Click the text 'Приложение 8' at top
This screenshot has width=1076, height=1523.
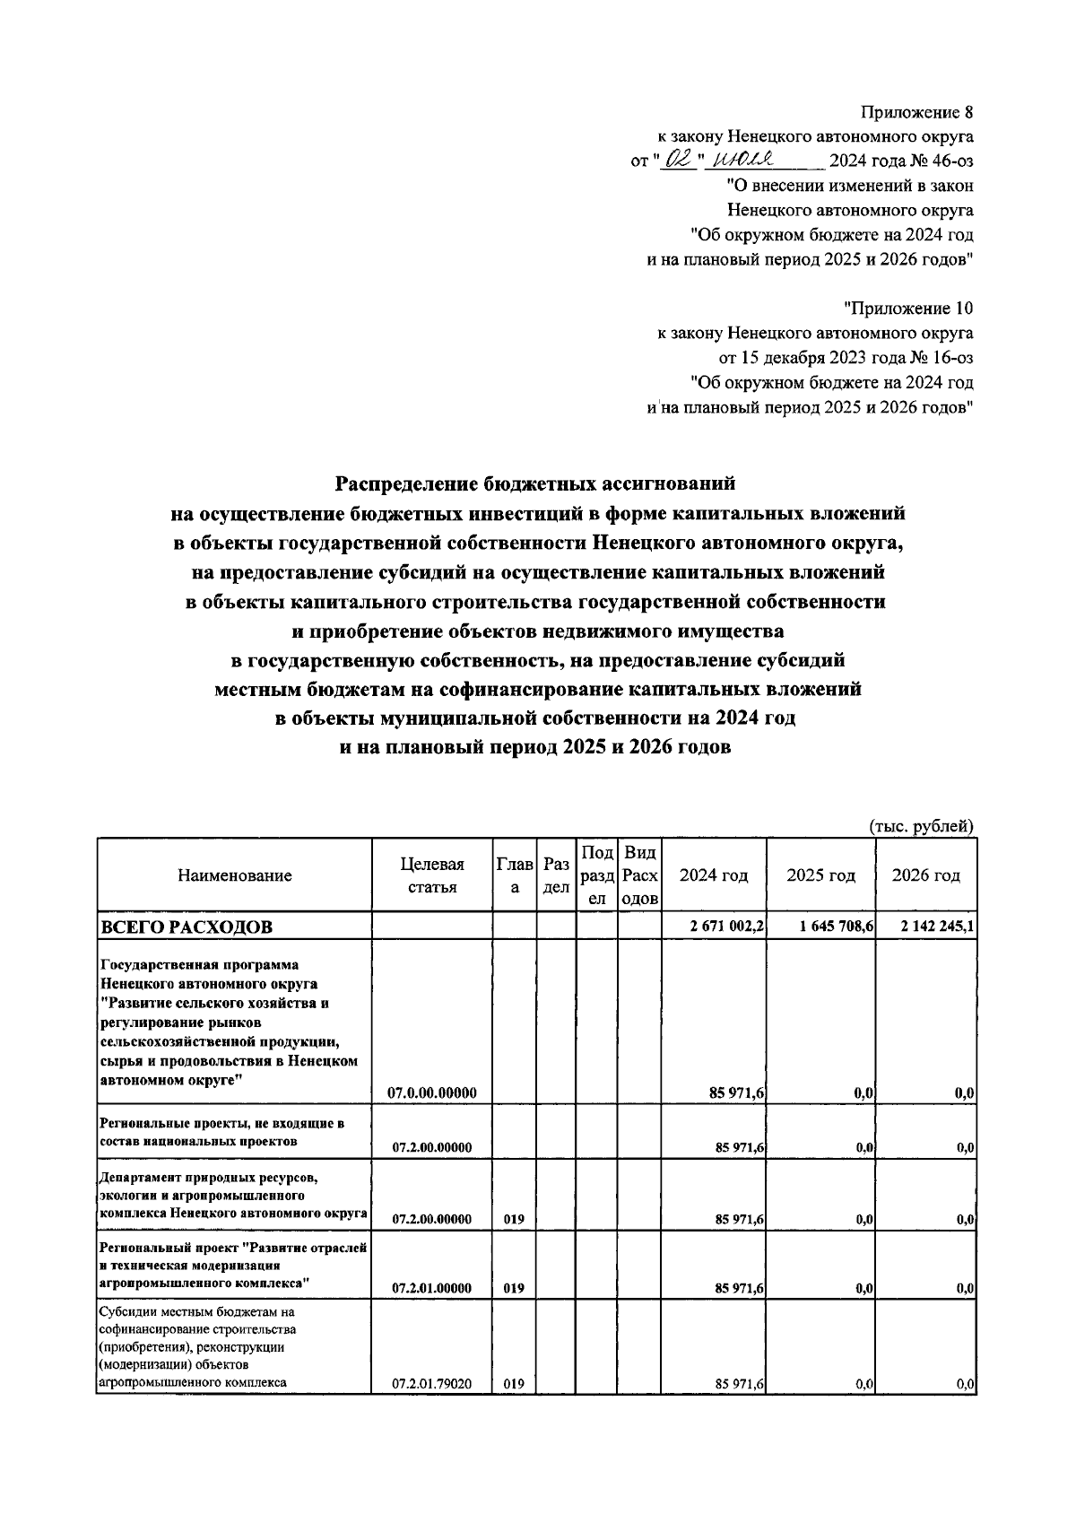click(915, 113)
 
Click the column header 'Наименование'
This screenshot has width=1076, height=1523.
click(234, 875)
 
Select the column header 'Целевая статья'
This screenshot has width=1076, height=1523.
click(432, 875)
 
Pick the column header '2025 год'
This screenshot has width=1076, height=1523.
click(820, 875)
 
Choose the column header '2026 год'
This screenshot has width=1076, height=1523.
click(925, 875)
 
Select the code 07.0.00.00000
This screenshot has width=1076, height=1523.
click(432, 1092)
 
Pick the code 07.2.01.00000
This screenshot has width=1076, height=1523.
click(432, 1288)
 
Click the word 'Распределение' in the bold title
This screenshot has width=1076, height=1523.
click(405, 484)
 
